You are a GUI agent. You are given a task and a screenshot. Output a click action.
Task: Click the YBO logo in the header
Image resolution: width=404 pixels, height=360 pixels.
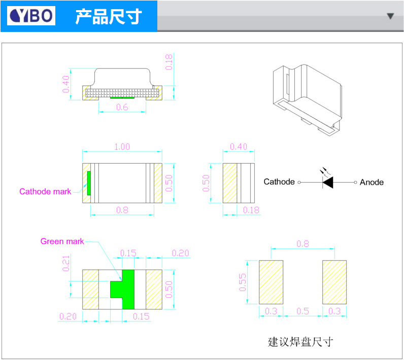tap(31, 16)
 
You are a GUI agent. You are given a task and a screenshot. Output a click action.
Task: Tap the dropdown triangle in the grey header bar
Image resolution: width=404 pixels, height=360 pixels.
tap(390, 16)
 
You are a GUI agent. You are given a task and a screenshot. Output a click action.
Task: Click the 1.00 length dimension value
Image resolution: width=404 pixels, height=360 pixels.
tap(122, 147)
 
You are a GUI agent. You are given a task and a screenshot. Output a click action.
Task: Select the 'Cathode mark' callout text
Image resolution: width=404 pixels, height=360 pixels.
tap(45, 192)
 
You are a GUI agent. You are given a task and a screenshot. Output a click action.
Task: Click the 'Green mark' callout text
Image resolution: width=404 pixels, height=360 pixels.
tap(62, 241)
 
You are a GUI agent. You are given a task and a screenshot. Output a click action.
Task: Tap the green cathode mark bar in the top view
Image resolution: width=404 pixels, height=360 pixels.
tap(89, 183)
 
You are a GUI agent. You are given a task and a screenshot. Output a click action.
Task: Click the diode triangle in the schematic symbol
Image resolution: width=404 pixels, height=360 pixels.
tap(328, 182)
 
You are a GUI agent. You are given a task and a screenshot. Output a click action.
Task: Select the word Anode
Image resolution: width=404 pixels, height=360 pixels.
tap(372, 182)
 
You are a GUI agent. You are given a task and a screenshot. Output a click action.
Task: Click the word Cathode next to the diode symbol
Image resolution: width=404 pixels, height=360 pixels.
tap(279, 182)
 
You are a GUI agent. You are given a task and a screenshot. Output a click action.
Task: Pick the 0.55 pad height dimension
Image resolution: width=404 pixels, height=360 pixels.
tap(243, 282)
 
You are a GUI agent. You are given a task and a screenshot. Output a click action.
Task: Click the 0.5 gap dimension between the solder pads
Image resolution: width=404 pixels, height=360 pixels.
tap(302, 311)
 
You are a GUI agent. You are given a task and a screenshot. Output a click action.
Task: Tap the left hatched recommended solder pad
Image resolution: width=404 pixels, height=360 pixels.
tap(271, 282)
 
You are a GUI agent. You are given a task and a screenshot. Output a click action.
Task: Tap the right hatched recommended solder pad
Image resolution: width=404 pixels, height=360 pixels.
tap(334, 282)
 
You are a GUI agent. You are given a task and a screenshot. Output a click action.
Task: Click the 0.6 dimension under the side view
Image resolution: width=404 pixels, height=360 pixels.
tap(122, 107)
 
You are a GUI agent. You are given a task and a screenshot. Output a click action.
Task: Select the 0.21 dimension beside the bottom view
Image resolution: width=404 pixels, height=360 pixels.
tap(66, 263)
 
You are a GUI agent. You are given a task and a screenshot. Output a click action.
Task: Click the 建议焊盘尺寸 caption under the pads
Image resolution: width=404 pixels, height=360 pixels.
tap(300, 342)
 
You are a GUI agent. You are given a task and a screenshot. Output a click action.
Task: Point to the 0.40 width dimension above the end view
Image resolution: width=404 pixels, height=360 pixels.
tap(239, 147)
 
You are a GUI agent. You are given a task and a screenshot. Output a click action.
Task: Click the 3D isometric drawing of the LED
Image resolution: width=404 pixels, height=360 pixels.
tap(308, 100)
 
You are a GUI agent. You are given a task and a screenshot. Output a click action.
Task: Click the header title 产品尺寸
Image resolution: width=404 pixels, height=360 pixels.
tap(109, 16)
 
